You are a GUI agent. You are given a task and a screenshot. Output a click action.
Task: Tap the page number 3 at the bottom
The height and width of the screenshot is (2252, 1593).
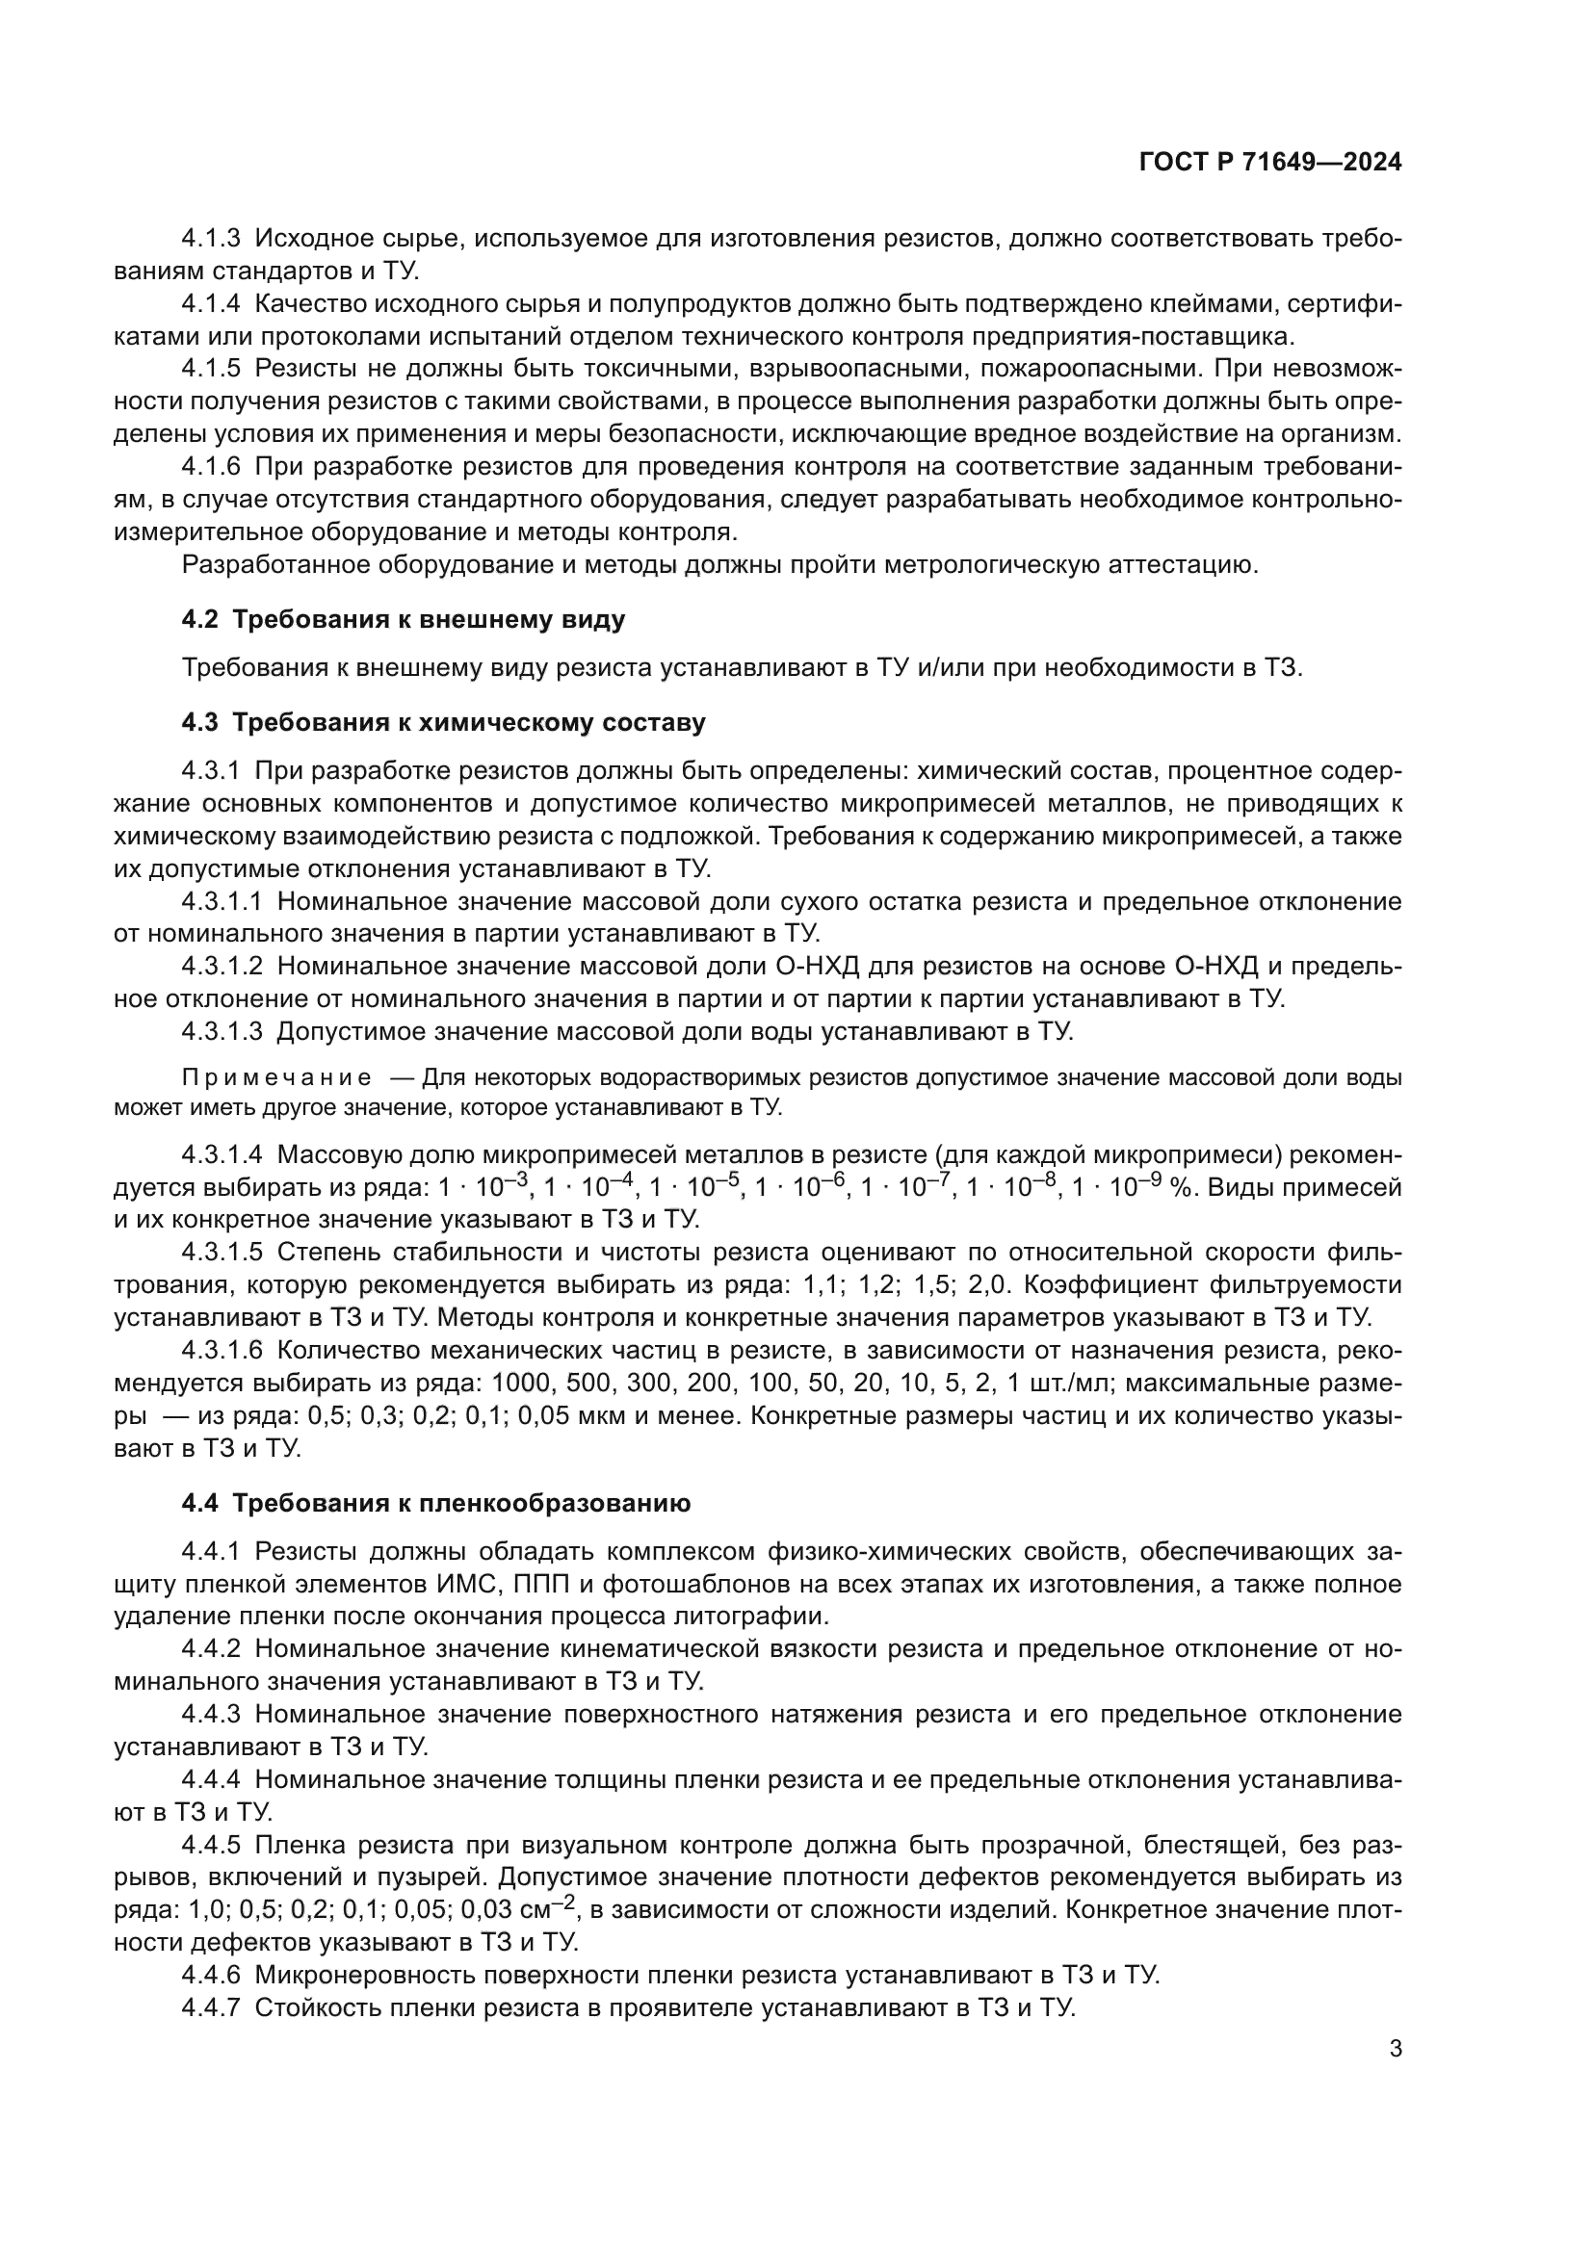(1395, 2049)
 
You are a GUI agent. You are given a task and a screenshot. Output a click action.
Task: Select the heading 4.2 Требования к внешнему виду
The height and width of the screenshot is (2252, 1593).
(404, 620)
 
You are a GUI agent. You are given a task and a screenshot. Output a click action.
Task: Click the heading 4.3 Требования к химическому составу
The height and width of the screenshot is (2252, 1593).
(443, 723)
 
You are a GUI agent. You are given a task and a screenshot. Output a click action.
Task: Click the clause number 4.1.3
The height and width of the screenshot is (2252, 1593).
(211, 239)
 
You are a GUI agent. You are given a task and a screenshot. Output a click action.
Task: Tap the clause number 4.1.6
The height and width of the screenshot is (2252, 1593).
(211, 467)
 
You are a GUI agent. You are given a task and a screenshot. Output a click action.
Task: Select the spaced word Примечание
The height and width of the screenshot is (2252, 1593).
(276, 1078)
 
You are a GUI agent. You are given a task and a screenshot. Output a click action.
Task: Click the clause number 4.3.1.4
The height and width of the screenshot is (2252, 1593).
(222, 1155)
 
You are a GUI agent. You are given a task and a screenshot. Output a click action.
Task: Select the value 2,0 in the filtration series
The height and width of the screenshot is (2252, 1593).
(1002, 1285)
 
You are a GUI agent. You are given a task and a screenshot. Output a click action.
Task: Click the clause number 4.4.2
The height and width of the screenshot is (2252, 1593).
(211, 1650)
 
